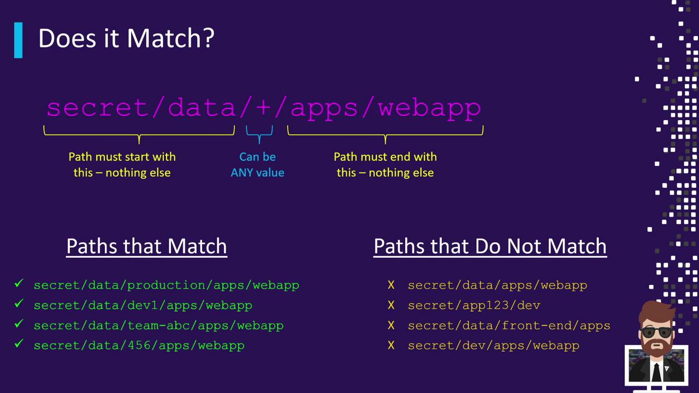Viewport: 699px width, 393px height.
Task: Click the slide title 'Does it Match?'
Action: (x=126, y=39)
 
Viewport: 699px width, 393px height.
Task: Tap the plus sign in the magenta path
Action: (x=263, y=108)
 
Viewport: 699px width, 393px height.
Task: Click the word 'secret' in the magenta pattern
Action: (x=100, y=108)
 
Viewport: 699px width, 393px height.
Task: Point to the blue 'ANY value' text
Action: (x=257, y=172)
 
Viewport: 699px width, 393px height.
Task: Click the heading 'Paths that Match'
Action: (x=146, y=246)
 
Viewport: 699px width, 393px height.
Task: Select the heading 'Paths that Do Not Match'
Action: (x=490, y=246)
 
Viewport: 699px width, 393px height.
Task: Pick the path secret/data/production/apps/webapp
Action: (x=166, y=285)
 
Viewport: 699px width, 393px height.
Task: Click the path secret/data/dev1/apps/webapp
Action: (x=143, y=305)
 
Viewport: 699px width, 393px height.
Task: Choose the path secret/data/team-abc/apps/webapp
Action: (x=158, y=325)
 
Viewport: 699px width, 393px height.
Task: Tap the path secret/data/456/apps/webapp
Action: (x=139, y=346)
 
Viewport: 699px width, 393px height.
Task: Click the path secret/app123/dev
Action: (x=473, y=305)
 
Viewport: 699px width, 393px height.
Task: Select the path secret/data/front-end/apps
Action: (x=508, y=325)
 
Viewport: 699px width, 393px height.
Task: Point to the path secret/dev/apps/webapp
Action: (x=493, y=346)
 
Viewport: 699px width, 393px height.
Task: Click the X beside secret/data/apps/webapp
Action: (x=391, y=285)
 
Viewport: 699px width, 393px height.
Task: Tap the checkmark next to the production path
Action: (x=19, y=284)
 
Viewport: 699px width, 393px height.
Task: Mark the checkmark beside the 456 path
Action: (x=19, y=344)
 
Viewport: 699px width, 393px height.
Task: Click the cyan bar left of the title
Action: (x=19, y=40)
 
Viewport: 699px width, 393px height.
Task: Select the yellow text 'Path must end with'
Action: (x=385, y=157)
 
